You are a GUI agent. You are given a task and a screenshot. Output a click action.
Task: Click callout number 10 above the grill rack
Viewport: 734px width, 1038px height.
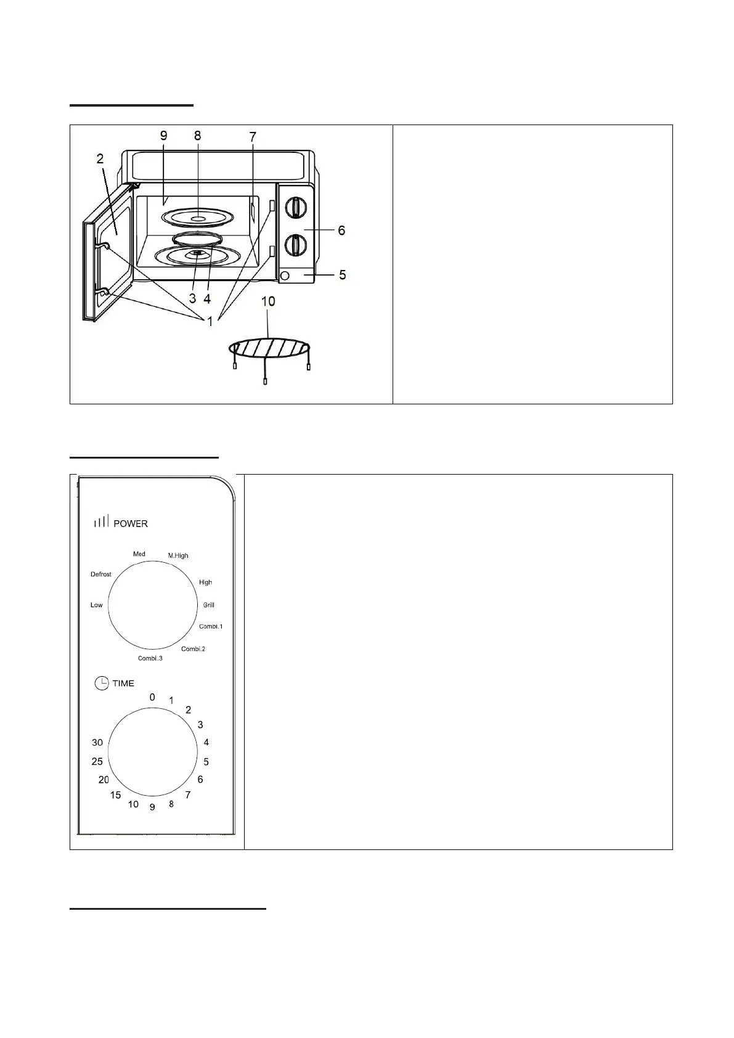[268, 301]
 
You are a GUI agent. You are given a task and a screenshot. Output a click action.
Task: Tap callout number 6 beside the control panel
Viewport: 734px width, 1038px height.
[341, 231]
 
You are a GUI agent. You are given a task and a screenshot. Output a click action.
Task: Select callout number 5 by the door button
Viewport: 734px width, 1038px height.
[343, 274]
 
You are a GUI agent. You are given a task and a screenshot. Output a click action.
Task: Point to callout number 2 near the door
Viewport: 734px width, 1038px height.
[100, 158]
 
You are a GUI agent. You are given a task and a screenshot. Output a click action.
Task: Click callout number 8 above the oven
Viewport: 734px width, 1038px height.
[197, 136]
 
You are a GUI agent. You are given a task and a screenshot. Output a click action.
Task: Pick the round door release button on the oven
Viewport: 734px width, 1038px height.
[285, 276]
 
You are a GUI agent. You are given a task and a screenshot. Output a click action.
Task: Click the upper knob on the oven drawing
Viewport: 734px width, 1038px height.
[296, 208]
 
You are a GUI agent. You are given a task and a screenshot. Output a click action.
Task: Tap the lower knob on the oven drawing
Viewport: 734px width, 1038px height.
[296, 244]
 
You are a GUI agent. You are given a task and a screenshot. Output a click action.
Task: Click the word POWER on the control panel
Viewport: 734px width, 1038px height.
[131, 524]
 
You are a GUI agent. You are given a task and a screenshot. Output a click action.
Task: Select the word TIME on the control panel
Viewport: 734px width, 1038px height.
[123, 684]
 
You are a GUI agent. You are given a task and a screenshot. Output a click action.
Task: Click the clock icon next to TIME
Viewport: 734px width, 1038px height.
[101, 683]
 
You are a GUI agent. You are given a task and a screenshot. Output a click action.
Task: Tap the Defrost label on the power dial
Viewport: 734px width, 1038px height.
[101, 574]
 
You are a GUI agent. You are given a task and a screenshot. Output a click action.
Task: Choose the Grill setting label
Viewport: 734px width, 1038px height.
[209, 605]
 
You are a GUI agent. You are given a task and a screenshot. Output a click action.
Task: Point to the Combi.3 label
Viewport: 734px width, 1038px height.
[150, 659]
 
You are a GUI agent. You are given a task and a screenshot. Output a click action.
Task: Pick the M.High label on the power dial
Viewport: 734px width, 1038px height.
[178, 556]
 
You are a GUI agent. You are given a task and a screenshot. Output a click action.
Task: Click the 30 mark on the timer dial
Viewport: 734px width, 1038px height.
[97, 743]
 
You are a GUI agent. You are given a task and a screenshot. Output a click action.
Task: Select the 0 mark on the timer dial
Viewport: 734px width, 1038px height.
[152, 698]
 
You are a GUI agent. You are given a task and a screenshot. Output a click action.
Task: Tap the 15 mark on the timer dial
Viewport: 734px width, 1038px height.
[115, 795]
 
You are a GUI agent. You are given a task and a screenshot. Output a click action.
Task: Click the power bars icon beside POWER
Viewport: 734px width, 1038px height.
[101, 523]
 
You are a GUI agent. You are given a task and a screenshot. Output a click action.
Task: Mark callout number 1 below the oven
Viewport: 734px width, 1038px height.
[210, 321]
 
